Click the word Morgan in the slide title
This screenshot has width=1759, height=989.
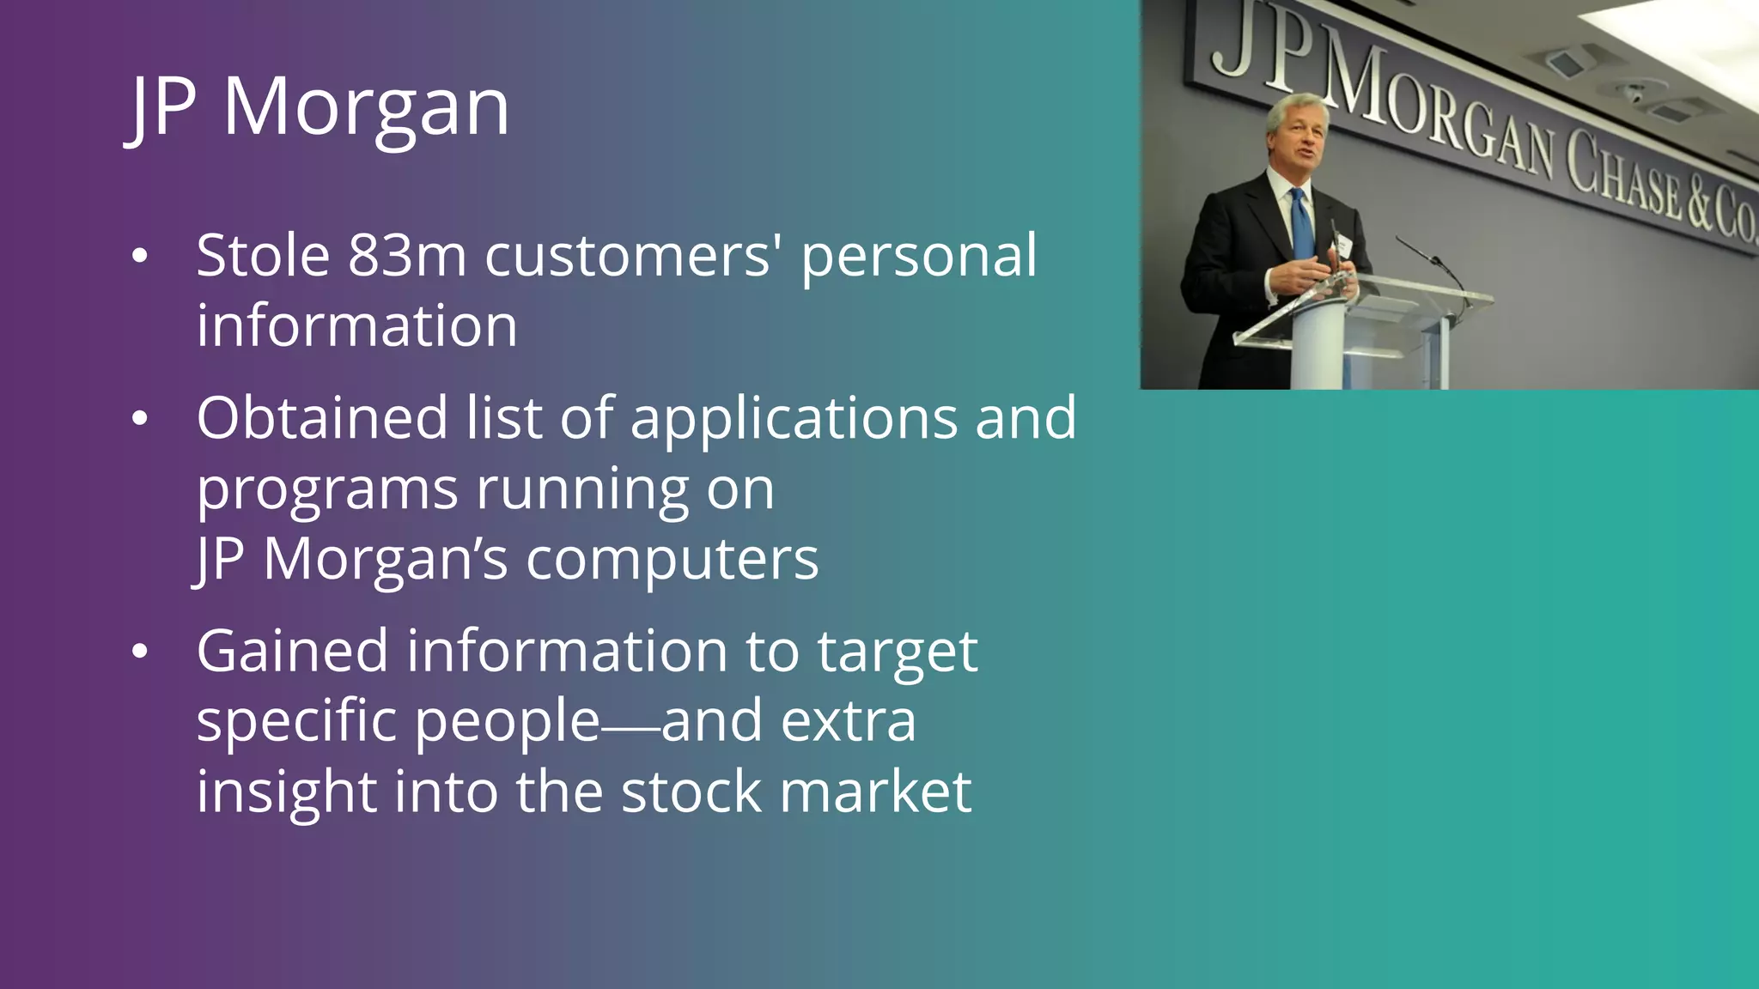click(366, 107)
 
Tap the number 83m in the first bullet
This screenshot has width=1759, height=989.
click(407, 256)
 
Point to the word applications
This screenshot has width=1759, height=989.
click(794, 420)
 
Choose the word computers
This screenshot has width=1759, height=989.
click(672, 560)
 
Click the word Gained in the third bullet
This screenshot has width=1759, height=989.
click(292, 651)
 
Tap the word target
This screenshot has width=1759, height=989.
click(897, 652)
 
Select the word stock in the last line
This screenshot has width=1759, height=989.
click(691, 792)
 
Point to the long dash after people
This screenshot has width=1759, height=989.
click(630, 728)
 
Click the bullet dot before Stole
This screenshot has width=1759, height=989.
click(140, 256)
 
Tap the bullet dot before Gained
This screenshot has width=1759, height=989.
click(140, 652)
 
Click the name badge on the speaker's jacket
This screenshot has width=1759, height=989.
click(1343, 246)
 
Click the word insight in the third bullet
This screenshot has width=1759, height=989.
click(285, 792)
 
